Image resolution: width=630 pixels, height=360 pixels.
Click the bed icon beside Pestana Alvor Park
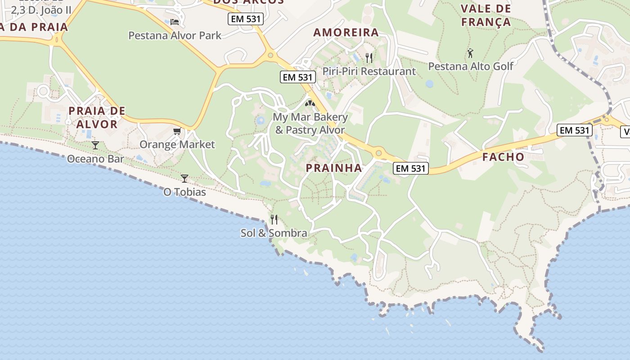(x=175, y=22)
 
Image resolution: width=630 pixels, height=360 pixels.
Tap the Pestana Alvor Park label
(x=175, y=35)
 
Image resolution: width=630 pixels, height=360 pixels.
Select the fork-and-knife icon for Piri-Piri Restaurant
(x=369, y=58)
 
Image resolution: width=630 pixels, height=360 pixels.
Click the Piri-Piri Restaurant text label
(x=369, y=71)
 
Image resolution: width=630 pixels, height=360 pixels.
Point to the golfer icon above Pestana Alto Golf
(x=470, y=53)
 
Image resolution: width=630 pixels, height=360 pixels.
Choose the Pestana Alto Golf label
(x=470, y=66)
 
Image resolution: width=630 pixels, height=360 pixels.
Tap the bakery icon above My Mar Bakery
(x=310, y=103)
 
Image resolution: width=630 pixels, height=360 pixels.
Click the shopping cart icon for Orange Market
(x=177, y=131)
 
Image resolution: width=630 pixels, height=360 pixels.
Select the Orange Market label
(x=177, y=144)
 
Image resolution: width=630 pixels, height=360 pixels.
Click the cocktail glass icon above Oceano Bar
(x=95, y=145)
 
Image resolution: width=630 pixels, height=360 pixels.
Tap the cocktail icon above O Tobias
(x=184, y=179)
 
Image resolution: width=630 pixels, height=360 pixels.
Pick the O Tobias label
(x=184, y=192)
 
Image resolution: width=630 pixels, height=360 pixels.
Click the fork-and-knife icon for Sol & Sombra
(x=274, y=220)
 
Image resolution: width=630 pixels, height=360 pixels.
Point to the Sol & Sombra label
(x=274, y=233)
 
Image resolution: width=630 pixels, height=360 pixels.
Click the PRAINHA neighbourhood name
(x=334, y=168)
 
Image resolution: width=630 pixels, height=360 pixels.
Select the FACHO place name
(x=503, y=157)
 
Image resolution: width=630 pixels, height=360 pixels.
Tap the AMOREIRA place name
(x=346, y=32)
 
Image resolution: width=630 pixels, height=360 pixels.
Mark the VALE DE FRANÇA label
(x=486, y=15)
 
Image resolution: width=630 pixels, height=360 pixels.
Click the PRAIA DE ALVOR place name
(x=97, y=117)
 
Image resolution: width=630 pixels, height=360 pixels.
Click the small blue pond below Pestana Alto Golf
(x=429, y=84)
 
